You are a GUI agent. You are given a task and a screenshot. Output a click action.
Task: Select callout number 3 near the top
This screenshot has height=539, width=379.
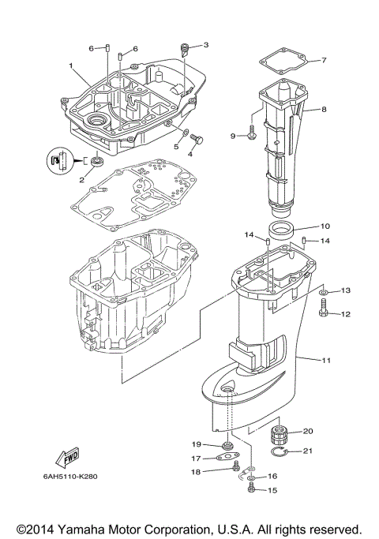click(206, 45)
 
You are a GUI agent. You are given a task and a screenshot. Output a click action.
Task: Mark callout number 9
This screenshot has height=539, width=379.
click(234, 137)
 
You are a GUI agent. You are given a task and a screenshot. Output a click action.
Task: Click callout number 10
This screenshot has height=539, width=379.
click(325, 226)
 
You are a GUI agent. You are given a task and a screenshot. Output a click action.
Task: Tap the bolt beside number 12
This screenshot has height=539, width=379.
click(324, 314)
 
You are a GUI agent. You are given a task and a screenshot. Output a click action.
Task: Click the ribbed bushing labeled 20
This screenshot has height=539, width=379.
click(278, 434)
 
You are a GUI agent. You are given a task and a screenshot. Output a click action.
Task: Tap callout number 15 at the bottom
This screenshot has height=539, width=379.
click(272, 490)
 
